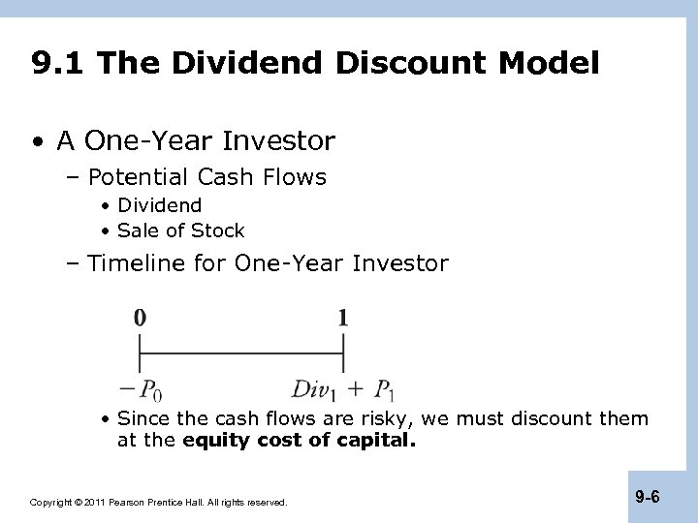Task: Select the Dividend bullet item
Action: click(159, 205)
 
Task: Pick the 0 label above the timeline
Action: click(141, 317)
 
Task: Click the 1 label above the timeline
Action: click(343, 317)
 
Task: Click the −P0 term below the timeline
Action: click(141, 389)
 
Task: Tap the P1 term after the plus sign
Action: click(384, 389)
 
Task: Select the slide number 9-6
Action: click(648, 498)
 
